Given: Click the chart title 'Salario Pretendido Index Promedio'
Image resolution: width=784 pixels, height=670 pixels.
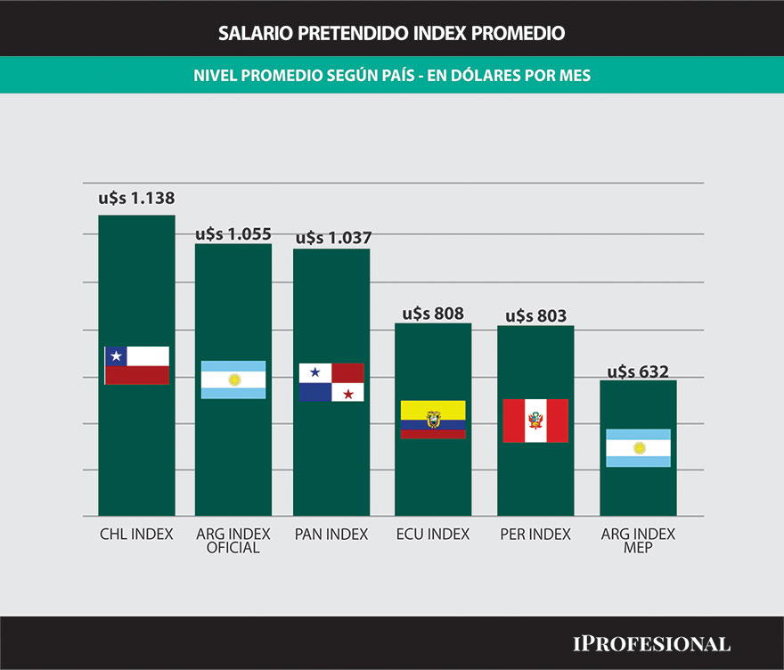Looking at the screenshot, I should [392, 34].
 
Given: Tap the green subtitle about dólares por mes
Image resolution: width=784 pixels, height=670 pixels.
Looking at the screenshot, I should [392, 77].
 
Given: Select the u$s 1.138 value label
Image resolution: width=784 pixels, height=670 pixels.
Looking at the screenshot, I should [136, 199].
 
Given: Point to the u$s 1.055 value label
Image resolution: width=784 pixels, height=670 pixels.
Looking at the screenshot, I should [233, 233].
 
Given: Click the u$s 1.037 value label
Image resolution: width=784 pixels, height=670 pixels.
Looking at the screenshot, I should [333, 238].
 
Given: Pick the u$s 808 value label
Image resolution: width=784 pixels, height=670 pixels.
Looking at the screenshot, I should [433, 313].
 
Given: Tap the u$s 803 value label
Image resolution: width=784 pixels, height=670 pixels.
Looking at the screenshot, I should [535, 315].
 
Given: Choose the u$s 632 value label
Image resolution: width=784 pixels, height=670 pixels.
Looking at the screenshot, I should [638, 372].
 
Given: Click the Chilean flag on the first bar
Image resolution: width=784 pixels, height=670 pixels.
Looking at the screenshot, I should [136, 365].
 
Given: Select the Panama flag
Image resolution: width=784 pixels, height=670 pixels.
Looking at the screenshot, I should [331, 382].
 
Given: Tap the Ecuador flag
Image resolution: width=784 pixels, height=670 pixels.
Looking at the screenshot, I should [433, 420].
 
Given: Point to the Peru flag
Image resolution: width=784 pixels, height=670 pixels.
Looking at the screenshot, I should [535, 421].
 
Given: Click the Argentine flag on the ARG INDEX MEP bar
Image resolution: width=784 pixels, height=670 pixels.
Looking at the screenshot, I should [638, 448].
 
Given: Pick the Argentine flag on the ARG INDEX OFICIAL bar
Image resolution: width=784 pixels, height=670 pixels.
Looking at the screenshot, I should [233, 380].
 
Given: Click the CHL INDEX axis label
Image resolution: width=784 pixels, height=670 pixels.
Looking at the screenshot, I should [136, 535].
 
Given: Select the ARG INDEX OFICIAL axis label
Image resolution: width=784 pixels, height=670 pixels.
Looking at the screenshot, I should [233, 541].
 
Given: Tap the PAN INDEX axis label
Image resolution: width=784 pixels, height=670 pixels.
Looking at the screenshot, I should [331, 535].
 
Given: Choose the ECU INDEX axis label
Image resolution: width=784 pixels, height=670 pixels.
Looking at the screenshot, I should [433, 535].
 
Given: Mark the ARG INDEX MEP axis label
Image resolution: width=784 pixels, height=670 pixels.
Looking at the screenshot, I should [638, 541].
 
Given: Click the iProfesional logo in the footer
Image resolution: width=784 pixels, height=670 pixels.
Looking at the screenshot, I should [651, 643].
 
